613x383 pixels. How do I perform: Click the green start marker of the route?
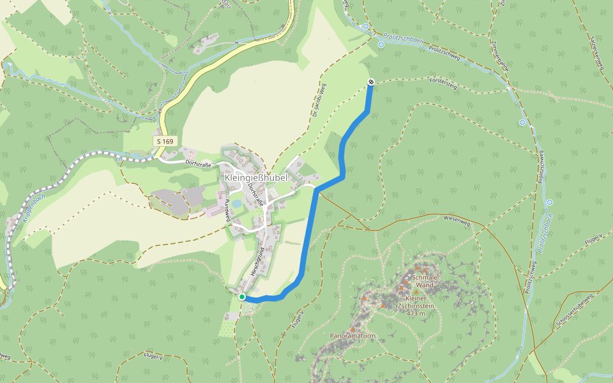(x=242, y=297)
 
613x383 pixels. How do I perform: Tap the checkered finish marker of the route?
(x=371, y=81)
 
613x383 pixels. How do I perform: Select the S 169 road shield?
(x=163, y=140)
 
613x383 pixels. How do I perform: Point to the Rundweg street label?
(x=228, y=210)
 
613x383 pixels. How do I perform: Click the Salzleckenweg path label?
(x=598, y=51)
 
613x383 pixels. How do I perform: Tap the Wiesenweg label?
(x=456, y=220)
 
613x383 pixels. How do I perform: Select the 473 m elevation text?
(x=416, y=313)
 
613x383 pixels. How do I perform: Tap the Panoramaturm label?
(x=352, y=335)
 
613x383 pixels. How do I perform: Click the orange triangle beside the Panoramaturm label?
(x=352, y=329)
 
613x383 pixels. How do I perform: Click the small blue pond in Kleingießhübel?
(x=237, y=203)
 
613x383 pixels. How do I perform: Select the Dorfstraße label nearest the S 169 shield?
(x=198, y=164)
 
